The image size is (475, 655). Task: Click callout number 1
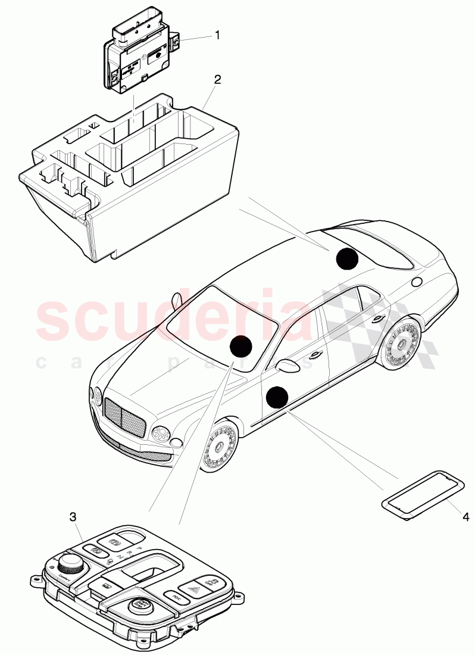coord(217,35)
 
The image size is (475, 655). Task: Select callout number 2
coord(218,79)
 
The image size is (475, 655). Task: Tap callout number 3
coord(73,517)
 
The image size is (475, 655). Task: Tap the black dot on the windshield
coord(240,346)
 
